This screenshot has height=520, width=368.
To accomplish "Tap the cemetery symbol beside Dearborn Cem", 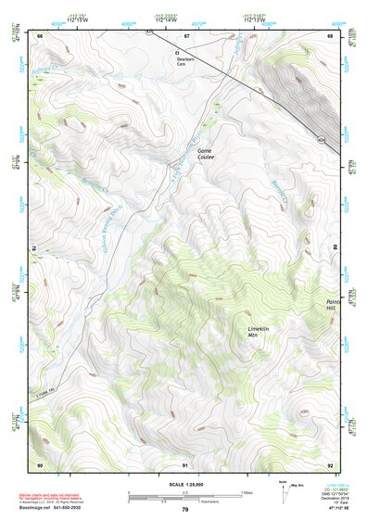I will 175,53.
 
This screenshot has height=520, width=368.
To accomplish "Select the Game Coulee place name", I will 205,153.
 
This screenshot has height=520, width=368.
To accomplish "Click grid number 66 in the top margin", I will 40,35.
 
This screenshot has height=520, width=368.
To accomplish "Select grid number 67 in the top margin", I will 186,35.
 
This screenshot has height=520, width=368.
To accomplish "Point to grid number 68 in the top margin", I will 330,35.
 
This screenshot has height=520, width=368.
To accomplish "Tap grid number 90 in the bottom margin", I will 40,463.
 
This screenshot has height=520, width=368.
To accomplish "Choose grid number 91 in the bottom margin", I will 185,463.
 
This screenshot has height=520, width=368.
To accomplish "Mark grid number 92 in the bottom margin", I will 330,463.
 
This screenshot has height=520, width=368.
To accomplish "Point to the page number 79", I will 184,509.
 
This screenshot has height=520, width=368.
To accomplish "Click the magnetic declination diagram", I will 285,490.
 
